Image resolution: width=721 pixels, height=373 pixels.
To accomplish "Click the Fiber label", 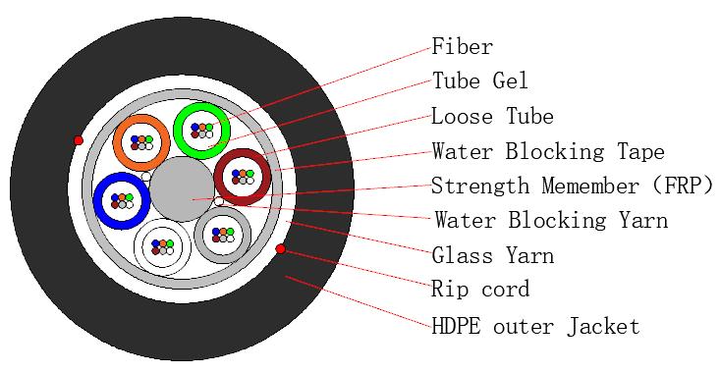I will [462, 46].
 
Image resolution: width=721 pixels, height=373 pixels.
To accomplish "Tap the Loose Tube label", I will [492, 117].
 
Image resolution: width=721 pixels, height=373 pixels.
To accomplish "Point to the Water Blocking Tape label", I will [547, 151].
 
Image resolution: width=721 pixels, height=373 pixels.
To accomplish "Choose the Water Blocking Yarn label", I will [550, 220].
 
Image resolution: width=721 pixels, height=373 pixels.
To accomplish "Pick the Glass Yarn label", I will [492, 255].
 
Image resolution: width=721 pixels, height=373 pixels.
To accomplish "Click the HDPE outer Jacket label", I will [535, 325].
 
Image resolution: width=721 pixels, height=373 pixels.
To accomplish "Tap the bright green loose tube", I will [201, 130].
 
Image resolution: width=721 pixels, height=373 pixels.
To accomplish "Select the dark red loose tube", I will [242, 177].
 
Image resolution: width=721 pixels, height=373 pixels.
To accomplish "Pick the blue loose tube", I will [121, 201].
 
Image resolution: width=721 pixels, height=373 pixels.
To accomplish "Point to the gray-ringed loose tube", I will [222, 235].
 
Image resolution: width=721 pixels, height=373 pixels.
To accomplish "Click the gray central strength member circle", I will [183, 188].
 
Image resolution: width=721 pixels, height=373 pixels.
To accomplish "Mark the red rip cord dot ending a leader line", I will [281, 250].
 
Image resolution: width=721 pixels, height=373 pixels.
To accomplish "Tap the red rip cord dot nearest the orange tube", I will [79, 140].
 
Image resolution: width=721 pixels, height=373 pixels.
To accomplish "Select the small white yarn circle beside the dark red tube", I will [220, 202].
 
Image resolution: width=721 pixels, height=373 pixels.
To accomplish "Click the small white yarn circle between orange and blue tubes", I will [145, 177].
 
